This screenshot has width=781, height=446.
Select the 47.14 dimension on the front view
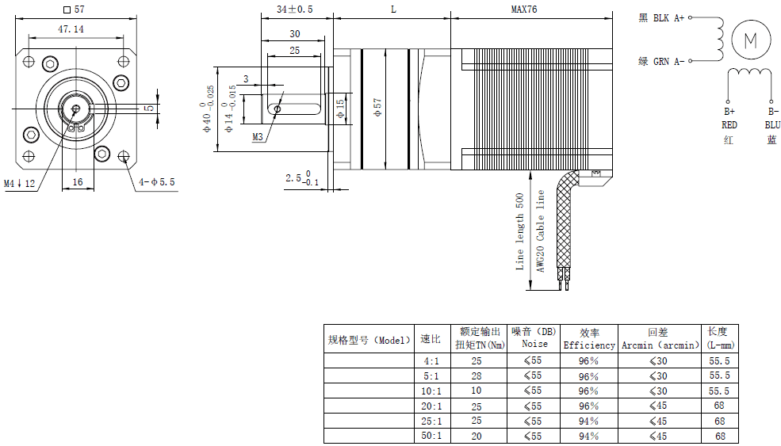click(71, 29)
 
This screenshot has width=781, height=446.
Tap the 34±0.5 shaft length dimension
click(294, 9)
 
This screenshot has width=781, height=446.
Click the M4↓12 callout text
click(20, 184)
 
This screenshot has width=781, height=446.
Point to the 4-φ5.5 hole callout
click(157, 182)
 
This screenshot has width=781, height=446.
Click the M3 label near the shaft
click(258, 137)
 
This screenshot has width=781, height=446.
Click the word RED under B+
click(729, 125)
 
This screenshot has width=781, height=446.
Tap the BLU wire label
click(771, 125)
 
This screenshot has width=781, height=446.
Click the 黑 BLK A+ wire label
click(661, 17)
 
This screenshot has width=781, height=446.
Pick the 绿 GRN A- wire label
click(661, 61)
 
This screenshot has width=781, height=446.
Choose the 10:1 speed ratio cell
click(430, 391)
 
